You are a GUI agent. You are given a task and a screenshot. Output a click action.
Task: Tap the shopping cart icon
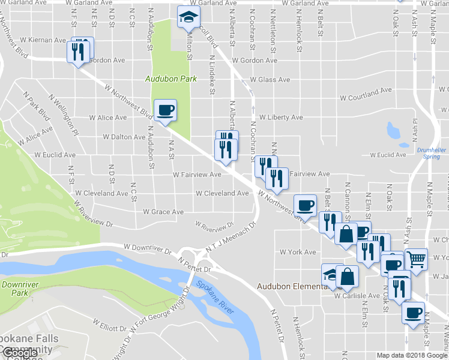pyautogui.click(x=416, y=259)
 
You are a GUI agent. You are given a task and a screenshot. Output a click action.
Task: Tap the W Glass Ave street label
pyautogui.click(x=270, y=80)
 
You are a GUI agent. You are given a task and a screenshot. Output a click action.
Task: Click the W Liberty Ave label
pyautogui.click(x=281, y=118)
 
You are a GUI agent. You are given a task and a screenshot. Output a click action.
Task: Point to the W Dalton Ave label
pyautogui.click(x=124, y=137)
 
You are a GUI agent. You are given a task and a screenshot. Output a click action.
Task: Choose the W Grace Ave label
pyautogui.click(x=163, y=212)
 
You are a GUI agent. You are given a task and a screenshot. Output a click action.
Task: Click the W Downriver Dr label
pyautogui.click(x=148, y=247)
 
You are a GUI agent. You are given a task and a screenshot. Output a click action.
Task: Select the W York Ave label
pyautogui.click(x=298, y=252)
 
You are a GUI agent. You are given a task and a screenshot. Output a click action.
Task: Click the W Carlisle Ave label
pyautogui.click(x=357, y=296)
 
